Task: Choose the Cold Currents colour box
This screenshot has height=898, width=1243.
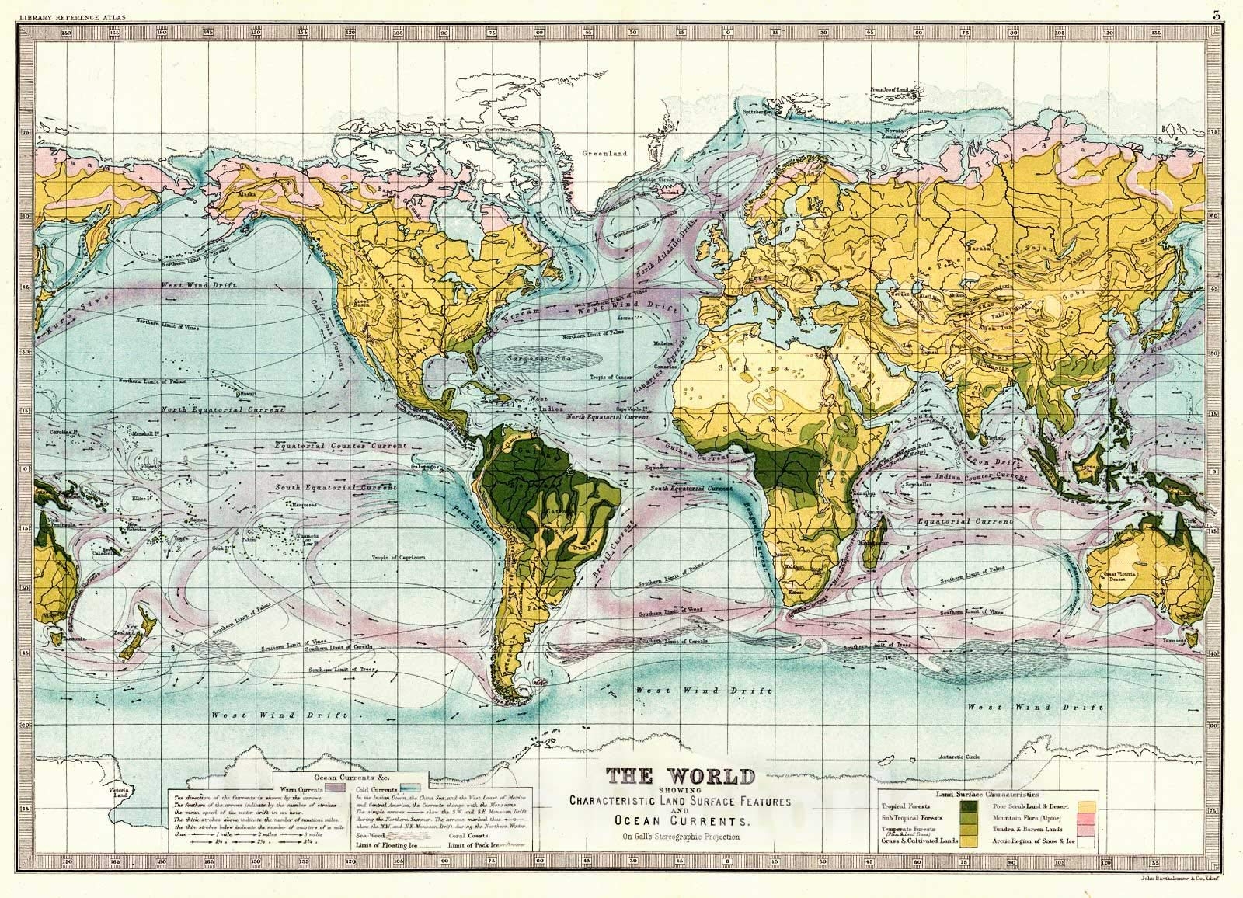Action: pos(420,788)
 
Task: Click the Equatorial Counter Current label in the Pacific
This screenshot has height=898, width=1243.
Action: pos(340,447)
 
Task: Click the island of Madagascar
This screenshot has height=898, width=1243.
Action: pos(879,536)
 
